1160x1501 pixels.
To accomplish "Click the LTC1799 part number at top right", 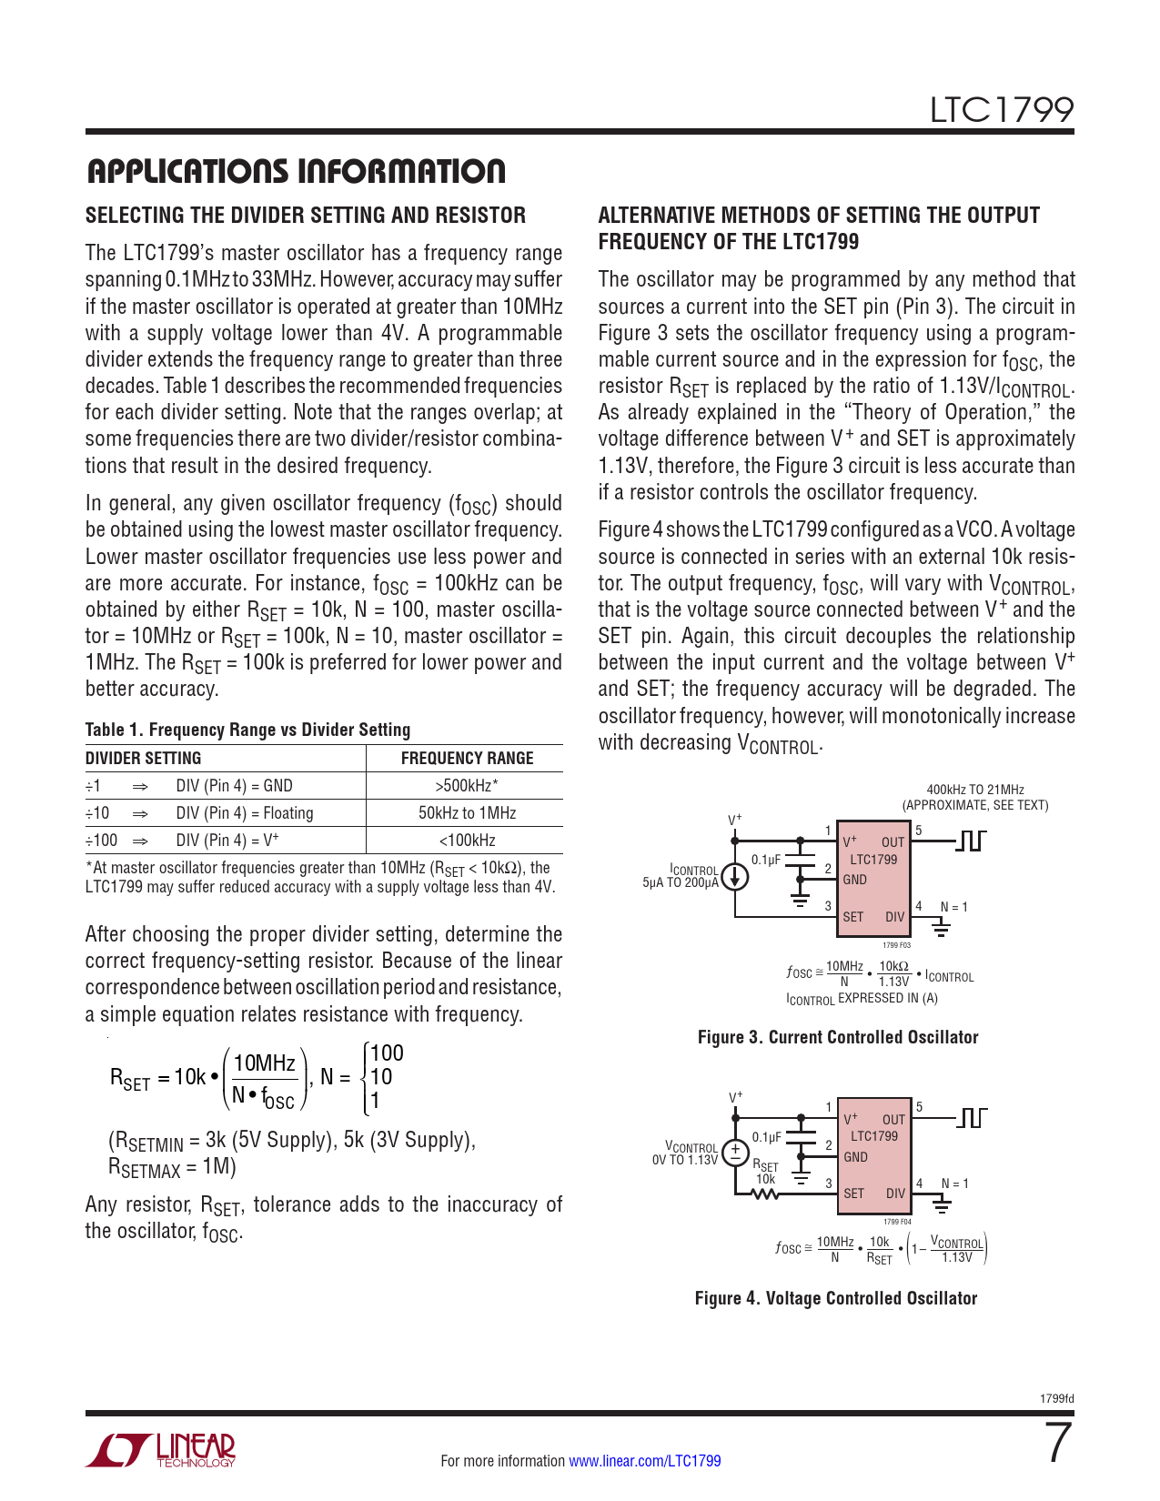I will (x=1001, y=110).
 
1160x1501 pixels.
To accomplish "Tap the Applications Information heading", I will (x=295, y=171).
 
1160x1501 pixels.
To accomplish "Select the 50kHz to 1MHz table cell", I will (x=467, y=813).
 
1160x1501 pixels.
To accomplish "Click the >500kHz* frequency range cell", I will (x=467, y=786).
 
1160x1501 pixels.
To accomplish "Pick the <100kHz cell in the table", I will (x=467, y=841).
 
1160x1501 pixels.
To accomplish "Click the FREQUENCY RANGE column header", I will (x=467, y=759).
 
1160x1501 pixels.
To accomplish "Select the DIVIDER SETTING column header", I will (x=143, y=759).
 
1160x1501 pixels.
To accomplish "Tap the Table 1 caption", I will (x=247, y=730).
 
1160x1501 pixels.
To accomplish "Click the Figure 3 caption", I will (x=837, y=1037).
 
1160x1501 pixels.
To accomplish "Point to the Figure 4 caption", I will (x=835, y=1298).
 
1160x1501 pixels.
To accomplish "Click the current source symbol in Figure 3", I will (x=735, y=876).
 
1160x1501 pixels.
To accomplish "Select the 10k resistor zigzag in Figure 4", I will (x=765, y=1194).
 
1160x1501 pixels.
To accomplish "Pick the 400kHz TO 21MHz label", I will (x=974, y=790).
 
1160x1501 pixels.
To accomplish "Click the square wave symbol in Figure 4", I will (x=972, y=1117).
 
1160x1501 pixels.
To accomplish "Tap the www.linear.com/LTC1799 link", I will (x=644, y=1461).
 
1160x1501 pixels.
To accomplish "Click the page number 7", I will (x=1058, y=1444).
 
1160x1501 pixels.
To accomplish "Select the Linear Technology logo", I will (x=161, y=1451).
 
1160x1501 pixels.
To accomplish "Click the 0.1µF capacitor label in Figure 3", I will (x=766, y=860).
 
